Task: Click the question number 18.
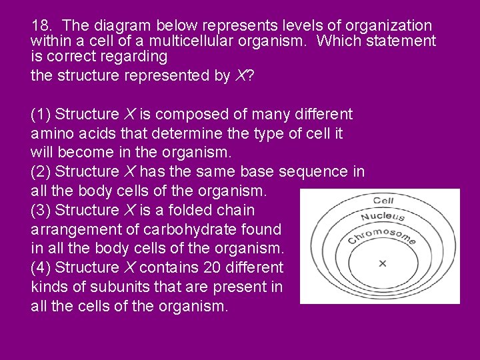tap(41, 26)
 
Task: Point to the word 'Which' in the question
tap(339, 41)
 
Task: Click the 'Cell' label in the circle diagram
tap(383, 200)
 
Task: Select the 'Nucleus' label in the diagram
tap(383, 216)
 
